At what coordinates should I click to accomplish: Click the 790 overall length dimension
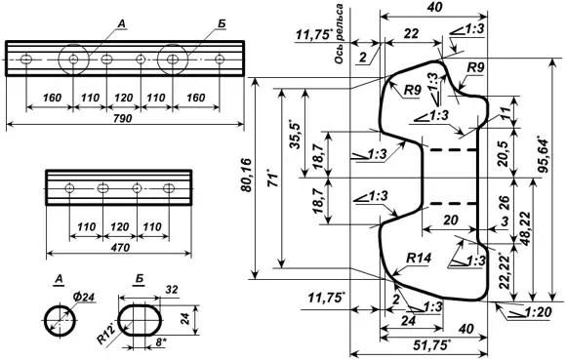(x=123, y=118)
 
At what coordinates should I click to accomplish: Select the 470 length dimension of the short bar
(x=120, y=248)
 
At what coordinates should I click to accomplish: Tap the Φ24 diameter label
(x=83, y=297)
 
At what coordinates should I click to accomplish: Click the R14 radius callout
(x=419, y=258)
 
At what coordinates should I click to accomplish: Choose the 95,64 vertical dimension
(x=544, y=154)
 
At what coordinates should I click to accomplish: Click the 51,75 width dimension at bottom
(x=433, y=345)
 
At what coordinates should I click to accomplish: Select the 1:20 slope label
(x=537, y=312)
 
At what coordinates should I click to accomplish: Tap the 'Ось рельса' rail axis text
(x=339, y=34)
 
